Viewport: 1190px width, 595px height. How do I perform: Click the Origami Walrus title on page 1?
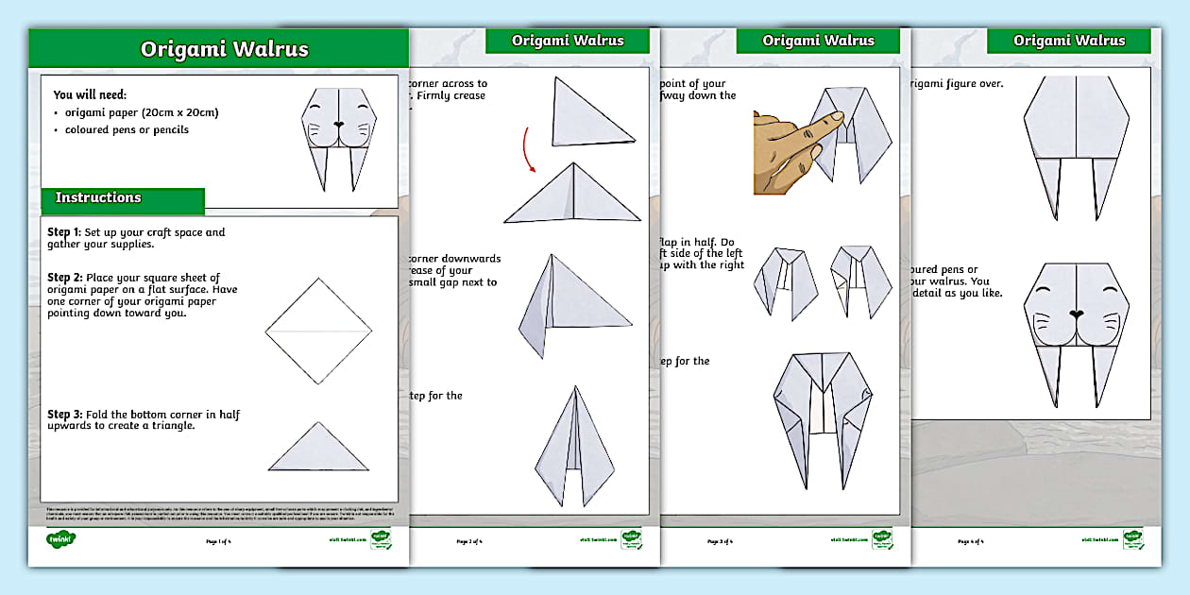[224, 49]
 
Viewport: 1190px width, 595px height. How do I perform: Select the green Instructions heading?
[98, 197]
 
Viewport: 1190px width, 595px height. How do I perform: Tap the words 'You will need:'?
[90, 94]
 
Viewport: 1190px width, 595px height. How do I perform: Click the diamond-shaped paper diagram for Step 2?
[318, 331]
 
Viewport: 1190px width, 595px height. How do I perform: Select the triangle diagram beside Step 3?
[318, 449]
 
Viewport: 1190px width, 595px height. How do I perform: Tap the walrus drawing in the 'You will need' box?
[339, 137]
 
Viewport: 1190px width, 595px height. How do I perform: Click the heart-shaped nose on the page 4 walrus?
[1076, 314]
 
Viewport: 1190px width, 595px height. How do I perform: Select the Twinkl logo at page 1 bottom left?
[61, 539]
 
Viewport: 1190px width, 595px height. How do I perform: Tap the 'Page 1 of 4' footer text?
[218, 541]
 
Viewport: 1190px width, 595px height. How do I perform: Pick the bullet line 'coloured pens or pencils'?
[127, 130]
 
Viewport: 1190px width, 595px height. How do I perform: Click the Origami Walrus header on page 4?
[1068, 41]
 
